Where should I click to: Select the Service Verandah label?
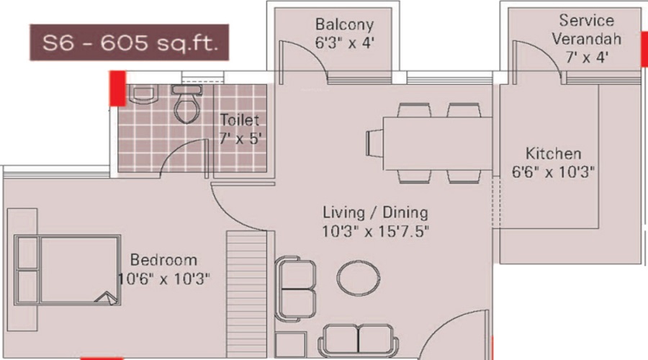click(587, 30)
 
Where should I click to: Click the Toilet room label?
click(239, 121)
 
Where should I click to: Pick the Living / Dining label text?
click(375, 212)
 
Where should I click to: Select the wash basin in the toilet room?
click(142, 94)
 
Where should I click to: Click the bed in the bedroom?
click(68, 271)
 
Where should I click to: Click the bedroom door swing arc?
click(238, 205)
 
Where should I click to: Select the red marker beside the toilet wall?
click(117, 87)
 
